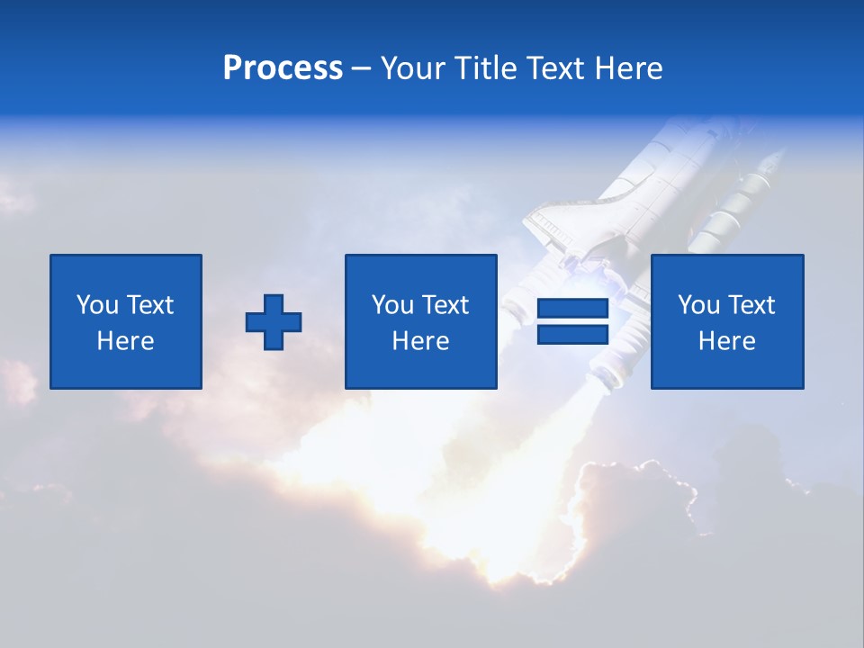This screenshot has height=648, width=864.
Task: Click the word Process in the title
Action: [283, 67]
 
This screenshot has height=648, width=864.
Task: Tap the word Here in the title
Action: [627, 67]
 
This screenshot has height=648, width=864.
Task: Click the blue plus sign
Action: [274, 322]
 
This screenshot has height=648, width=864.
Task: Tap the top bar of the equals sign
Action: [572, 309]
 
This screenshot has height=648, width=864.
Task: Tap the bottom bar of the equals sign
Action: [572, 334]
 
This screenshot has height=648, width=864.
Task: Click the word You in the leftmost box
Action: [97, 305]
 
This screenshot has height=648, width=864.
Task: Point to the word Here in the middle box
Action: [421, 341]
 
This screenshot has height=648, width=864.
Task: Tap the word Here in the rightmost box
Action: [727, 341]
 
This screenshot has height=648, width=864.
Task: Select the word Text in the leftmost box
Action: [149, 305]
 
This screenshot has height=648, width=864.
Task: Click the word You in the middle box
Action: [392, 305]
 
